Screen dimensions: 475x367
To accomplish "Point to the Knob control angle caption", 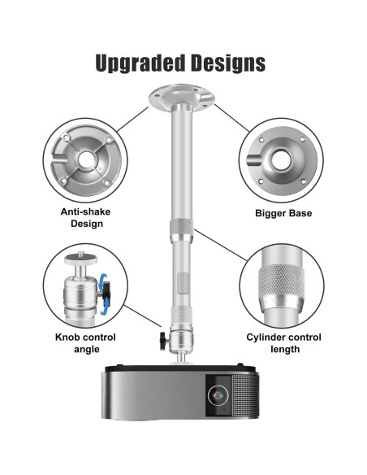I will (x=85, y=342).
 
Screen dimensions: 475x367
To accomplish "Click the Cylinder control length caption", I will (x=283, y=342).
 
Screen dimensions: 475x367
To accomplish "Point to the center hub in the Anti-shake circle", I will (x=84, y=157).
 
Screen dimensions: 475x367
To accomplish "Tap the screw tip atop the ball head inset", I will (x=84, y=259).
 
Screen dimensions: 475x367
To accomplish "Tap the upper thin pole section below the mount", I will (x=183, y=163).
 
